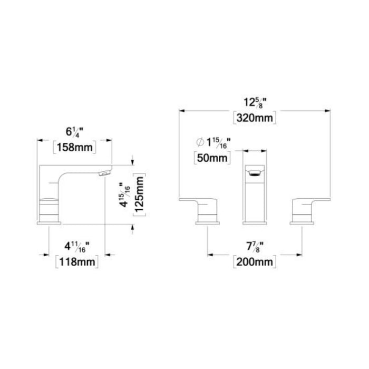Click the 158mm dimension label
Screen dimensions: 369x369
coord(74,148)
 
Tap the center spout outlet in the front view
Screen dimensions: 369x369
coord(255,171)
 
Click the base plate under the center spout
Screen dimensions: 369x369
coord(255,224)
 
